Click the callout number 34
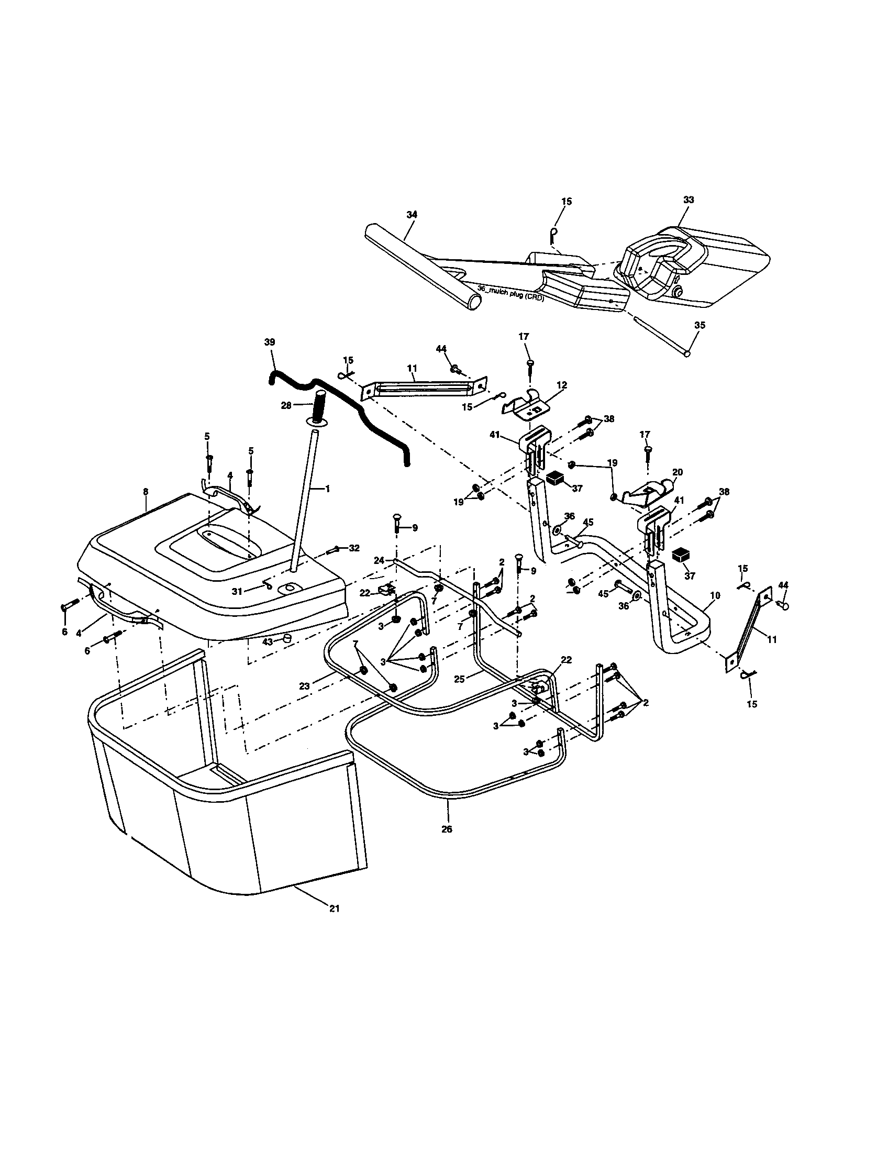[x=412, y=215]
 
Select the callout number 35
[x=699, y=326]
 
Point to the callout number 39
[x=270, y=342]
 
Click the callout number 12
[x=562, y=385]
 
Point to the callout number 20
[x=677, y=472]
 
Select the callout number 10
[x=715, y=595]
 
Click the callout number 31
[x=237, y=592]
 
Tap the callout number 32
[x=354, y=548]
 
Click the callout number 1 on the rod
[x=327, y=489]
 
